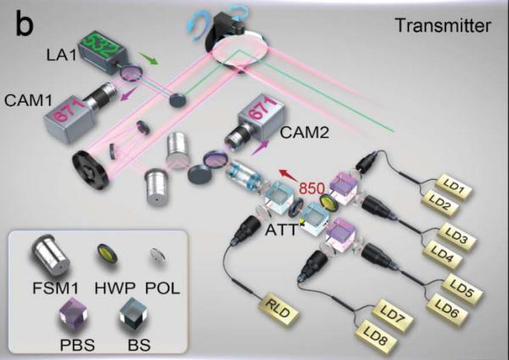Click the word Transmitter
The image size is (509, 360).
click(442, 25)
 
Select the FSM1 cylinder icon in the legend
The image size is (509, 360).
click(46, 254)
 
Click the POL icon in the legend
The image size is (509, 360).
click(165, 253)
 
